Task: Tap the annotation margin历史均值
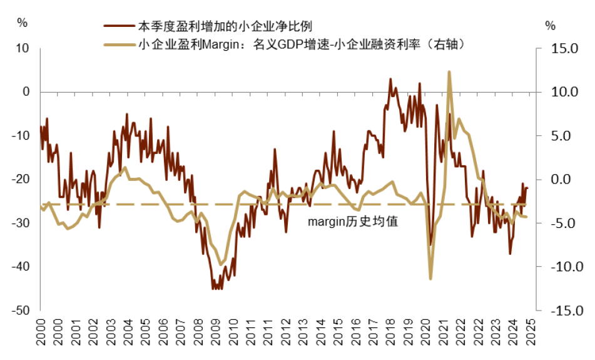[353, 221]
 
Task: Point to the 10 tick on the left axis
[23, 48]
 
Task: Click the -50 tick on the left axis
[21, 311]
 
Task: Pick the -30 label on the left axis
[21, 223]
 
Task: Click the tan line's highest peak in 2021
[449, 72]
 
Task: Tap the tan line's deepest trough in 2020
[430, 278]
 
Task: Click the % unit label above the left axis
[23, 23]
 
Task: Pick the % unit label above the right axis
[550, 26]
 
